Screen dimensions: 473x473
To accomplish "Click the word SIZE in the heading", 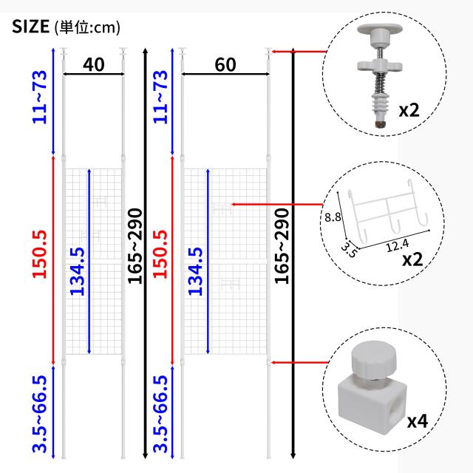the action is coord(30,27).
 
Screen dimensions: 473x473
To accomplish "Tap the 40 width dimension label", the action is coord(94,64).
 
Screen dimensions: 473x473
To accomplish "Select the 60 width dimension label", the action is coord(225,64).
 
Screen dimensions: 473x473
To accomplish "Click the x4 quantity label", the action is coord(418,421).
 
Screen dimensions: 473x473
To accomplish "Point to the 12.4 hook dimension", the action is coord(398,245).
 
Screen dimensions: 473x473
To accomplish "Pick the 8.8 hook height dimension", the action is coord(333,217).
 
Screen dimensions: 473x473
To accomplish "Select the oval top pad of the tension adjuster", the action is coord(380,30).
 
